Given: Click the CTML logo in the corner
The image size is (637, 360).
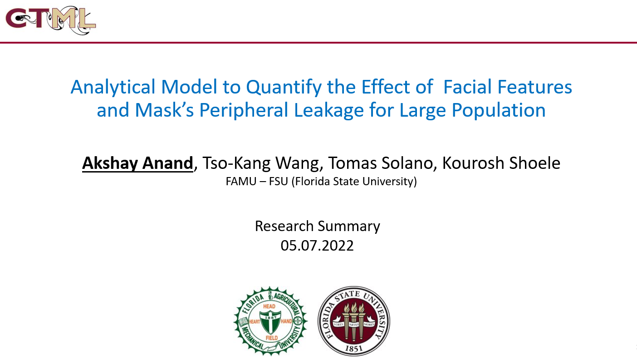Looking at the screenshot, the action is [51, 20].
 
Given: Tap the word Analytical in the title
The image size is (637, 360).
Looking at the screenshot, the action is [113, 87].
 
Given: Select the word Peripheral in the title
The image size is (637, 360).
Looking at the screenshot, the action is [244, 110].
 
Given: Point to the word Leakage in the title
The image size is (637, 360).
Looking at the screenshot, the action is [329, 110].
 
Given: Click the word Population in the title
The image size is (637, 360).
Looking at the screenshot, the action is [499, 110].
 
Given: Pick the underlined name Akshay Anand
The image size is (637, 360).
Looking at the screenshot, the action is [137, 163].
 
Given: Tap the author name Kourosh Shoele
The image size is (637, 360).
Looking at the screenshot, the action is [501, 163].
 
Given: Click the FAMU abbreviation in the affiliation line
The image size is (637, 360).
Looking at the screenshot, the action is [241, 182].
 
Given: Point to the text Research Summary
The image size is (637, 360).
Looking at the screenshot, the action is [317, 227].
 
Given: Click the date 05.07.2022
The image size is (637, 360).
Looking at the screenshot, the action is [317, 246].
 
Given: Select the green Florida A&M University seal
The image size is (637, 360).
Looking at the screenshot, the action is [270, 321].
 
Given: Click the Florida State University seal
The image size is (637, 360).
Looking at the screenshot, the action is [354, 321].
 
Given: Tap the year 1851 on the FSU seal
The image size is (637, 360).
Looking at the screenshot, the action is [354, 348].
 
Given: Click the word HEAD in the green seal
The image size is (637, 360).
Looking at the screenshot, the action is [269, 306].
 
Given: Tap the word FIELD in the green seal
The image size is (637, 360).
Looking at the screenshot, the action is [272, 338].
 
